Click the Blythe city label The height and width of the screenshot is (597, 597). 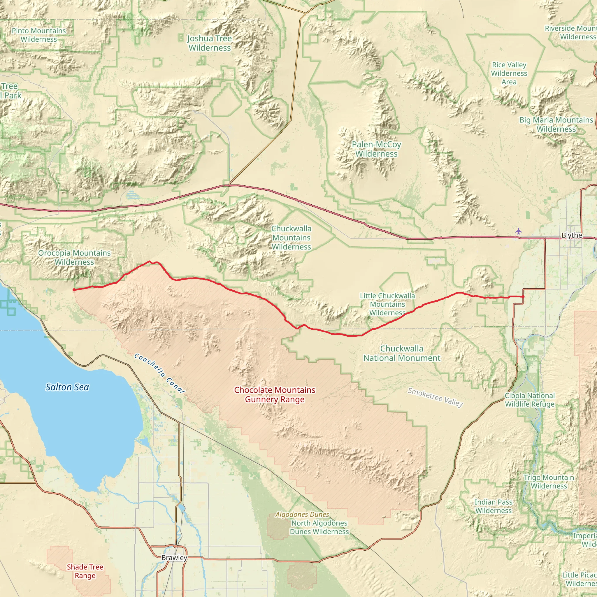click(571, 235)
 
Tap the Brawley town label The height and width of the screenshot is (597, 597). click(174, 557)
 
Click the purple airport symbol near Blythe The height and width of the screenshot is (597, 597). click(518, 231)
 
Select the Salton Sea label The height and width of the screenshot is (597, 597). click(67, 387)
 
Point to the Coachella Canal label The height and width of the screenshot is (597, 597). click(159, 373)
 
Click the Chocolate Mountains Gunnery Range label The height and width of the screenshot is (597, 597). click(274, 395)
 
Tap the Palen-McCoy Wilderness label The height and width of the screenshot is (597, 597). click(376, 149)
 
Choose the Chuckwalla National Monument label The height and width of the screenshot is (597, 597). click(401, 353)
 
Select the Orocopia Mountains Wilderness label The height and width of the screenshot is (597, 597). click(74, 257)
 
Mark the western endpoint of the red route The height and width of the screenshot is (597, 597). click(74, 289)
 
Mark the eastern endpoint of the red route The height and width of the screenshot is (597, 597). click(523, 297)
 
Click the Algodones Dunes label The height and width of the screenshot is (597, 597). click(302, 515)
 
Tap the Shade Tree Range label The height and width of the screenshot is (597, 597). click(85, 571)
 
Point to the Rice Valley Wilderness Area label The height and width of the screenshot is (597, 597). click(509, 73)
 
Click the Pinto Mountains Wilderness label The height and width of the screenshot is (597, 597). click(39, 35)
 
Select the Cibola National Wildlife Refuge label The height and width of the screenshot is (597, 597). click(530, 400)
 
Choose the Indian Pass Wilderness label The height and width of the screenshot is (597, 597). click(493, 506)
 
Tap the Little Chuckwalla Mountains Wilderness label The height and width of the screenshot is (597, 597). click(387, 304)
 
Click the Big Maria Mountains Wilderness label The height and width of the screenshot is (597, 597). click(556, 124)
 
